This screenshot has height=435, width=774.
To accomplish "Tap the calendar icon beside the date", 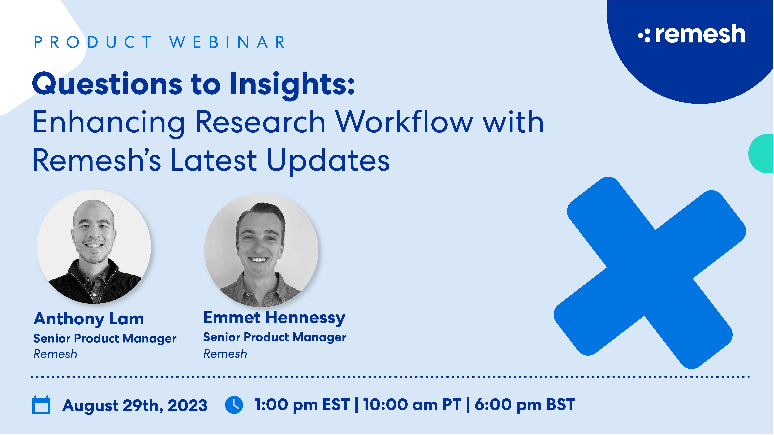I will [x=41, y=405].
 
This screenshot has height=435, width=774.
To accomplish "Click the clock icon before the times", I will [x=234, y=405].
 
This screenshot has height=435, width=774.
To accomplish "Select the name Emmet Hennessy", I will [x=274, y=318].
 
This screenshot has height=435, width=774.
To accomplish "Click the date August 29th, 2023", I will [x=135, y=405].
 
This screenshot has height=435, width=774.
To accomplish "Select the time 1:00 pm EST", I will [x=302, y=405].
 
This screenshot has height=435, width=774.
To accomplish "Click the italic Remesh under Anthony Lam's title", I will [x=55, y=354].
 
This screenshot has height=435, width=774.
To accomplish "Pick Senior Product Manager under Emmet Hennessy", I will [x=275, y=337].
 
